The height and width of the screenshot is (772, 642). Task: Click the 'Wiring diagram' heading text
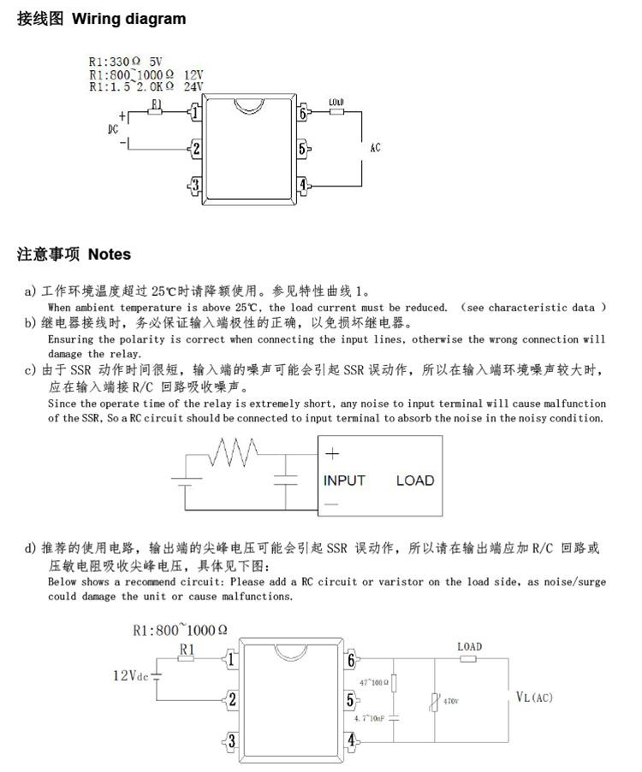[129, 19]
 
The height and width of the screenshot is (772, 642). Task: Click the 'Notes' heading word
[110, 254]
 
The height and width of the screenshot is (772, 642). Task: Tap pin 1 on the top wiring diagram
[195, 112]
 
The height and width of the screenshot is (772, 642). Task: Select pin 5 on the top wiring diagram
[303, 148]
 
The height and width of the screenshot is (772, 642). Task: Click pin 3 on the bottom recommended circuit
[230, 741]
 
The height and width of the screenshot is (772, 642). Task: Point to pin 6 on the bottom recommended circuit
[351, 659]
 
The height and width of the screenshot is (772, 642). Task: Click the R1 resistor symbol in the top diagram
[156, 112]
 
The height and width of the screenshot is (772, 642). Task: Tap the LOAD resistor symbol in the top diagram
[336, 112]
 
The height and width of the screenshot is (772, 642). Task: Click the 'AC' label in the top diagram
[375, 148]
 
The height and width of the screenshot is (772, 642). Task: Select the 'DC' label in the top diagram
[113, 129]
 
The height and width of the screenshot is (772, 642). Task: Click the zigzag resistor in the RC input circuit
[233, 452]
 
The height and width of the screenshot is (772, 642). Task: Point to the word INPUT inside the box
[344, 480]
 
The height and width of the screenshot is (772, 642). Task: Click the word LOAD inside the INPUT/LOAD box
[415, 480]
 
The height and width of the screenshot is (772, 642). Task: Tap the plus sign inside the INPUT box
[332, 453]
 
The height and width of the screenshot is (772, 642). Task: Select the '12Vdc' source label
[131, 675]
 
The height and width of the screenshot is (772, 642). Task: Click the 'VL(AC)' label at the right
[534, 697]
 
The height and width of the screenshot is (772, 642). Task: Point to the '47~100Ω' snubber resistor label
[374, 682]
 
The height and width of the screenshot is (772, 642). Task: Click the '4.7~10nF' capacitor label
[369, 718]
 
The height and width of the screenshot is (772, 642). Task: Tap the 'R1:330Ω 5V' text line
[126, 62]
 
